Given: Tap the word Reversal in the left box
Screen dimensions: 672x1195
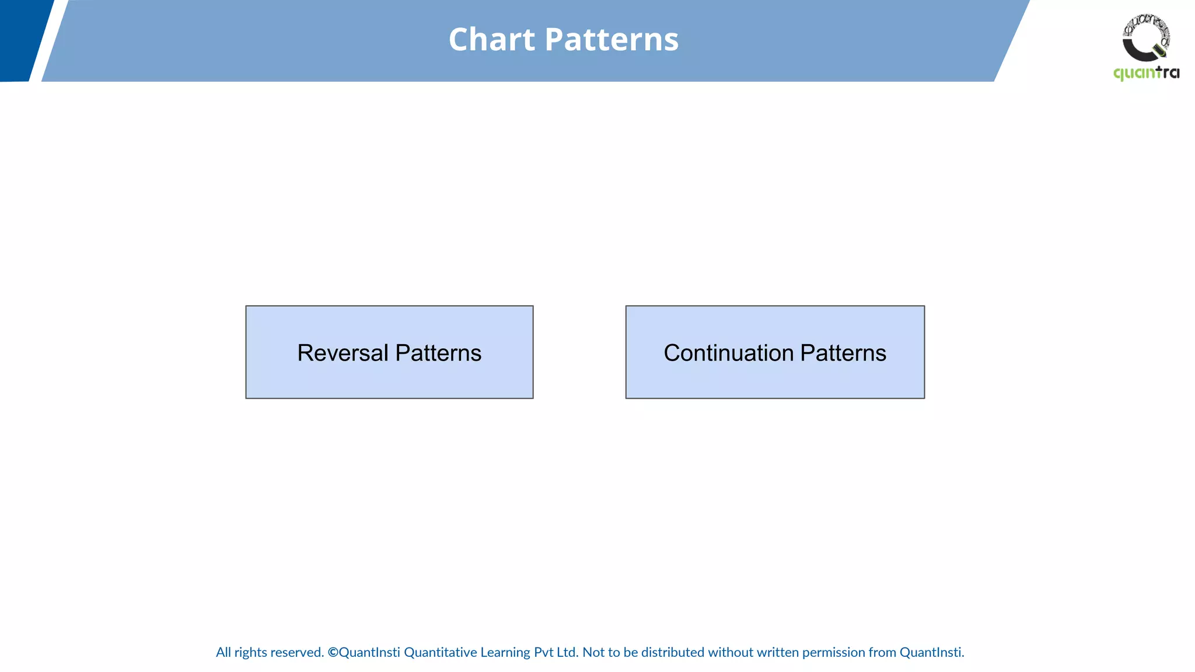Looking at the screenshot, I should point(343,353).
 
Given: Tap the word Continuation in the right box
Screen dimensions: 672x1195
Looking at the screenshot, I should point(728,353).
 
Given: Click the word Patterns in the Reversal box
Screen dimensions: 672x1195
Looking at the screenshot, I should point(438,353).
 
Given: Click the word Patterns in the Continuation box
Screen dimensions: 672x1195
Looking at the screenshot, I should point(843,353).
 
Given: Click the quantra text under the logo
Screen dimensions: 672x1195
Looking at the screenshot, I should point(1146,73).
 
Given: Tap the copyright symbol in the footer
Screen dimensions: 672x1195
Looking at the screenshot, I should point(333,652).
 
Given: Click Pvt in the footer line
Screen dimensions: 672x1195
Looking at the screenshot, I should point(543,652).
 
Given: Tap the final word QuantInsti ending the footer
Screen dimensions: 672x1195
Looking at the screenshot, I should point(931,652).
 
